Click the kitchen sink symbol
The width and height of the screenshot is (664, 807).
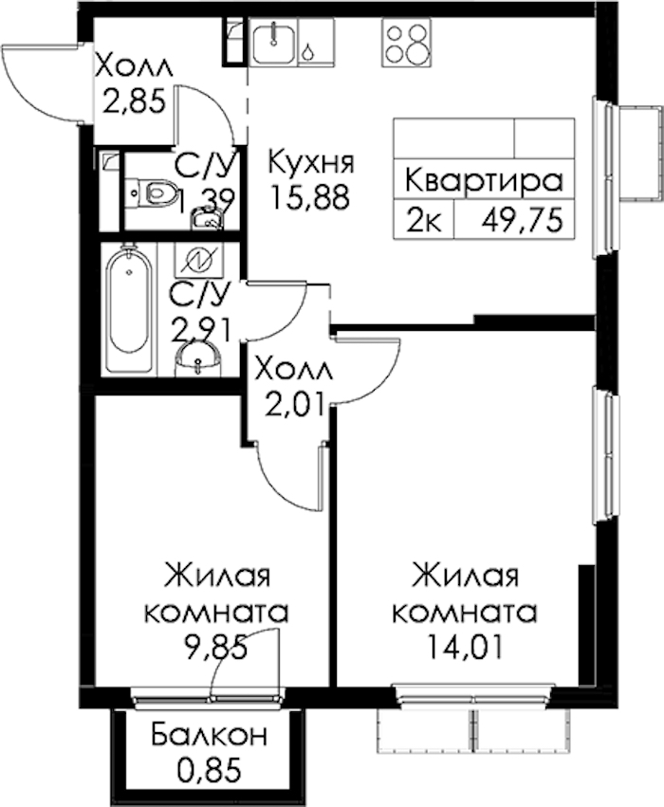(x=274, y=41)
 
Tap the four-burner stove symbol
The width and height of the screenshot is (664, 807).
(x=406, y=43)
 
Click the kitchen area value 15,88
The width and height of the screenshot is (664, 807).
(x=310, y=197)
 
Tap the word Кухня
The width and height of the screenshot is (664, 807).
(x=311, y=163)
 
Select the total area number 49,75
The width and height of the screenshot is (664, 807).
(x=522, y=223)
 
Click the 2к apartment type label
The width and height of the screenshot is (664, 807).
(x=424, y=224)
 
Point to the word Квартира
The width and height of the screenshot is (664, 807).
(x=484, y=181)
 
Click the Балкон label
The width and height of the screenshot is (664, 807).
(x=209, y=736)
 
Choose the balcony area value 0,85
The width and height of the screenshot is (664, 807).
(x=209, y=770)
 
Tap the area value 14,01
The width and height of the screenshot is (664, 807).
(x=465, y=647)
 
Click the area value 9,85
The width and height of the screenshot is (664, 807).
(x=215, y=648)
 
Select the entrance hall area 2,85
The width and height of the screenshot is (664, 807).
(x=136, y=101)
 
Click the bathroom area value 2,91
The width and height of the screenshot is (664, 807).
(x=201, y=329)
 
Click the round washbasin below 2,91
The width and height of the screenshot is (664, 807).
(x=197, y=360)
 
